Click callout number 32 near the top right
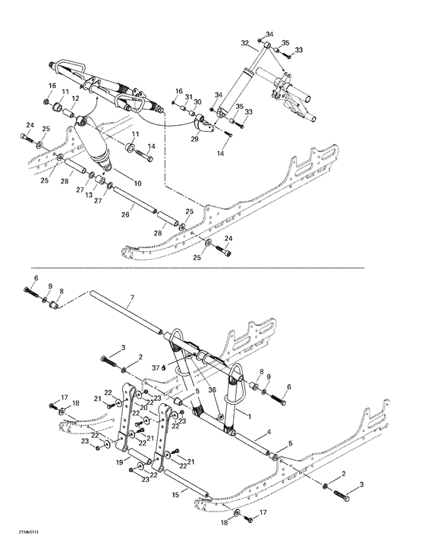245,42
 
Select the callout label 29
194,139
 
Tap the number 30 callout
197,102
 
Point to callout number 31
188,96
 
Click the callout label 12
76,98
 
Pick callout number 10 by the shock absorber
137,184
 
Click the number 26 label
125,214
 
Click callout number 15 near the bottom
175,493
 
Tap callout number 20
144,407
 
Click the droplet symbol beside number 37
165,368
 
